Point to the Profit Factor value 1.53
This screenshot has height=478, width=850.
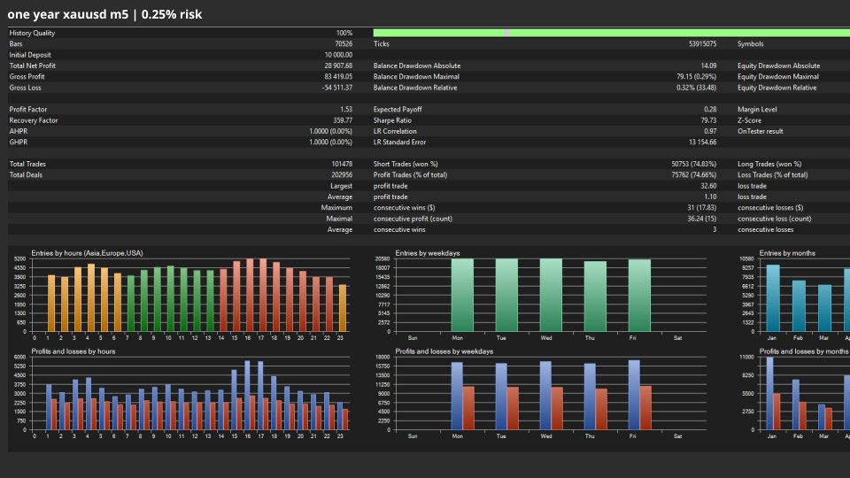345,110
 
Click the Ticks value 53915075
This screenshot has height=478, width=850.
698,43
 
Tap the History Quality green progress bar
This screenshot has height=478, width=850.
611,33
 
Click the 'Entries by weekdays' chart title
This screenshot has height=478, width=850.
428,253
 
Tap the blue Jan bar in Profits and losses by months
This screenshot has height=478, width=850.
769,393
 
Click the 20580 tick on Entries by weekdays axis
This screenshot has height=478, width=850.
382,259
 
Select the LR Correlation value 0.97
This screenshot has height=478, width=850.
710,131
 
